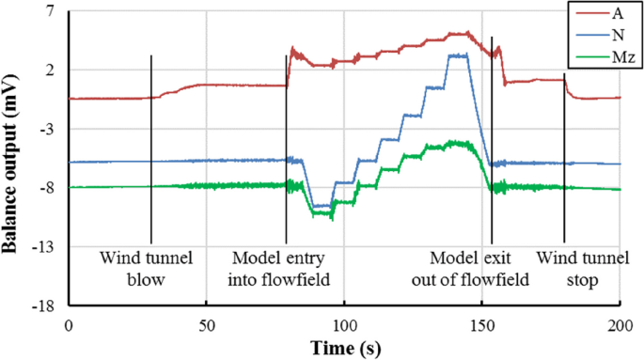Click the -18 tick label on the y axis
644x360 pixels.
[x=43, y=305]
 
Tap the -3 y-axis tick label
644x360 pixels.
[x=46, y=129]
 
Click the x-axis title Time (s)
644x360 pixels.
[x=344, y=347]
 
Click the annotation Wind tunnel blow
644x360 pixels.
[x=146, y=267]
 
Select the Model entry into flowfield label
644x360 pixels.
[x=287, y=267]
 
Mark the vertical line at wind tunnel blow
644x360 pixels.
[x=150, y=150]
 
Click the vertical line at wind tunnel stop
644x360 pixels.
[x=564, y=160]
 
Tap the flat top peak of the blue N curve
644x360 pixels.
[x=458, y=55]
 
